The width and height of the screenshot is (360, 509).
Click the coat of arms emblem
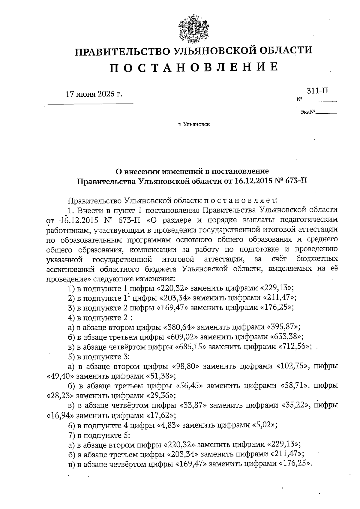pyautogui.click(x=193, y=30)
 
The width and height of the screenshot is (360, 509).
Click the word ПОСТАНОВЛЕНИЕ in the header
pyautogui.click(x=193, y=67)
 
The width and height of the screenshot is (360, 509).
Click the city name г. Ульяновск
pyautogui.click(x=193, y=124)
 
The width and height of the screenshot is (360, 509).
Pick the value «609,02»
pyautogui.click(x=183, y=337)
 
